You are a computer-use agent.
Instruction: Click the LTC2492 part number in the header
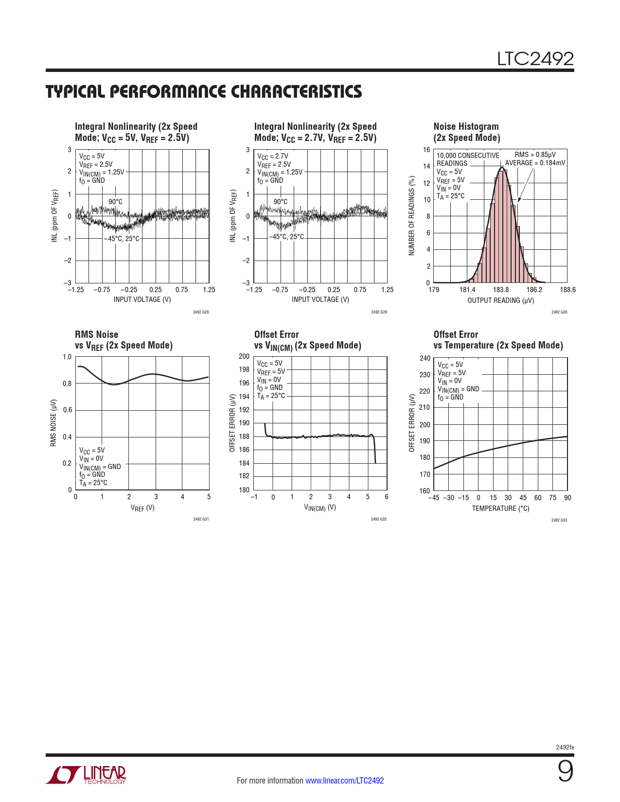tap(535, 59)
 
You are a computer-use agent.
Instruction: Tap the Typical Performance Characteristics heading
tap(204, 91)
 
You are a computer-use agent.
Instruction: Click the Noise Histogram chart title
tap(466, 132)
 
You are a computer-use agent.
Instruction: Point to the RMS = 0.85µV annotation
tap(535, 155)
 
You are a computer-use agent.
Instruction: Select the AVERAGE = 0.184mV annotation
tap(535, 163)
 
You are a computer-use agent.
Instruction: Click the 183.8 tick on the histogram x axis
tap(501, 290)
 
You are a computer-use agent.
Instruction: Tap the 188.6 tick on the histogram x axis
tap(567, 290)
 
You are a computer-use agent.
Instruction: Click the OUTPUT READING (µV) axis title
tap(500, 300)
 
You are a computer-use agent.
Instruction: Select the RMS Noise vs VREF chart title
tap(124, 340)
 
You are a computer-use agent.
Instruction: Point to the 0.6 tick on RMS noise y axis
tap(67, 410)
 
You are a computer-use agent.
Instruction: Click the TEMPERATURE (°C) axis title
tap(500, 508)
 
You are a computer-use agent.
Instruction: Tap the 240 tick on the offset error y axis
tap(425, 358)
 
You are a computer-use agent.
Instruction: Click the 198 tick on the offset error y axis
tap(244, 369)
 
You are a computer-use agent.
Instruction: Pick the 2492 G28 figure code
tap(201, 312)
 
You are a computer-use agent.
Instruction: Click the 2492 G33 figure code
tap(559, 520)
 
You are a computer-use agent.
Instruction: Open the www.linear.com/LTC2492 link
tap(344, 781)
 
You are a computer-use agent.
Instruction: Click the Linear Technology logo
tap(86, 775)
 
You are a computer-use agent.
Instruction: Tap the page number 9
tap(565, 771)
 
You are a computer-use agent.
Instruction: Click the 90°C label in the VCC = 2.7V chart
tap(281, 202)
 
